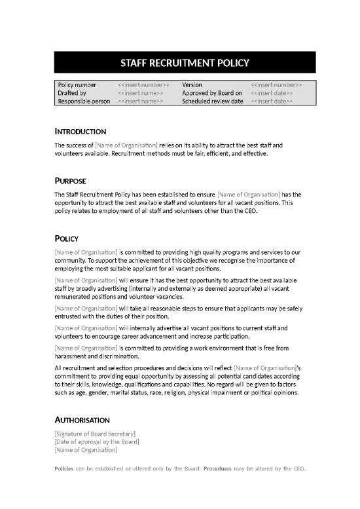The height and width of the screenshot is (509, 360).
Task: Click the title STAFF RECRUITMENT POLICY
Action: [185, 63]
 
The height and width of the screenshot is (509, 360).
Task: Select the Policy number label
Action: [77, 85]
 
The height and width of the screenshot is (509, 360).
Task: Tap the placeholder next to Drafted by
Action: [140, 93]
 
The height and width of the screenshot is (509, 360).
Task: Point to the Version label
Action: [192, 85]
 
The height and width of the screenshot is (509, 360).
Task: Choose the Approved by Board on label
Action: [212, 93]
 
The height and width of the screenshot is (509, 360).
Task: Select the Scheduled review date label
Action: [212, 102]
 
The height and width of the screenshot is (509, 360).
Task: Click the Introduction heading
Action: [81, 132]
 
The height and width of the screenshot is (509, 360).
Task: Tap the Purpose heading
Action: [71, 181]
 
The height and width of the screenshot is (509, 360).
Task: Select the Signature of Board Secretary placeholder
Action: [96, 434]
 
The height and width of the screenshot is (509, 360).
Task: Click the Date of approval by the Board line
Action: [97, 442]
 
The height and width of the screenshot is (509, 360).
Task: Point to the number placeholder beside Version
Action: [276, 85]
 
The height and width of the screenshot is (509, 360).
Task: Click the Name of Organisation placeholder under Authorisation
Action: [86, 449]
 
